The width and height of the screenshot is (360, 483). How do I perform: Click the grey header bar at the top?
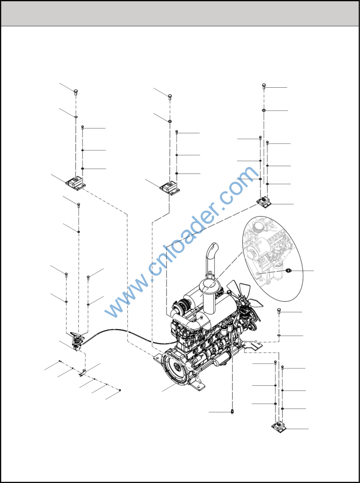tap(180, 13)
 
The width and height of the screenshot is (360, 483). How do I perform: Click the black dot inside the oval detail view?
tap(288, 271)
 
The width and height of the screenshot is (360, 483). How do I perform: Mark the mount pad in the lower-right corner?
tap(278, 427)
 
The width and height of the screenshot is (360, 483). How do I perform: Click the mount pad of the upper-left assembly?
tap(75, 183)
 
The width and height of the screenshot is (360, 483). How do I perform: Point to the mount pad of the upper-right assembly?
tap(263, 203)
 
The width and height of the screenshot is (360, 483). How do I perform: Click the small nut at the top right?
tap(264, 86)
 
